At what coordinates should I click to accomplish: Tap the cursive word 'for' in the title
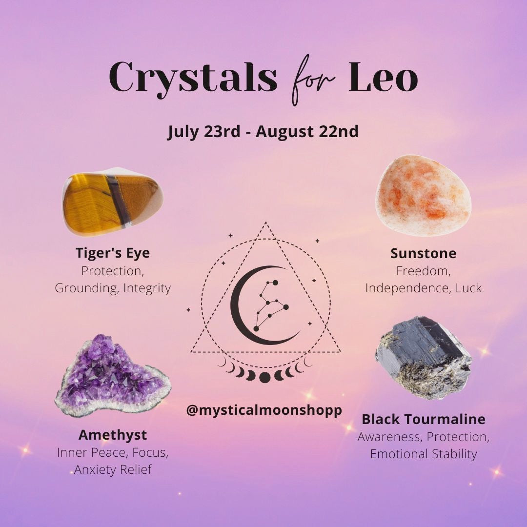click(313, 80)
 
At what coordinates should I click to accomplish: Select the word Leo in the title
click(383, 77)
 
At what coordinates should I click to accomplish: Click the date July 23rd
click(204, 132)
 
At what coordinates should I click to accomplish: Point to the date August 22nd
click(307, 132)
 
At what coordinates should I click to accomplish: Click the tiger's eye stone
click(113, 202)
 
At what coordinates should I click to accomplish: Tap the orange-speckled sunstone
click(423, 195)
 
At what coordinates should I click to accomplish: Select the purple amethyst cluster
click(113, 376)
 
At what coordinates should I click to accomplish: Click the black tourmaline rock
click(424, 358)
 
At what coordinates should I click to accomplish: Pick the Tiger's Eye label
click(113, 253)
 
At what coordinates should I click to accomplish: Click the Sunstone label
click(424, 253)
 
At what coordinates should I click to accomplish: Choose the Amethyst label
click(113, 435)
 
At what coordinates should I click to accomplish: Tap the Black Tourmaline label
click(424, 419)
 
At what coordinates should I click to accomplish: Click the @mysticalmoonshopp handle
click(264, 410)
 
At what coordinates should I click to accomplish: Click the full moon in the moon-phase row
click(264, 377)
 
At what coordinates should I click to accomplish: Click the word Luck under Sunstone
click(468, 288)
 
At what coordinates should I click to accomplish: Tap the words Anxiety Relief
click(113, 469)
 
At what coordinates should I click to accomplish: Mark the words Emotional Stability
click(424, 454)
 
